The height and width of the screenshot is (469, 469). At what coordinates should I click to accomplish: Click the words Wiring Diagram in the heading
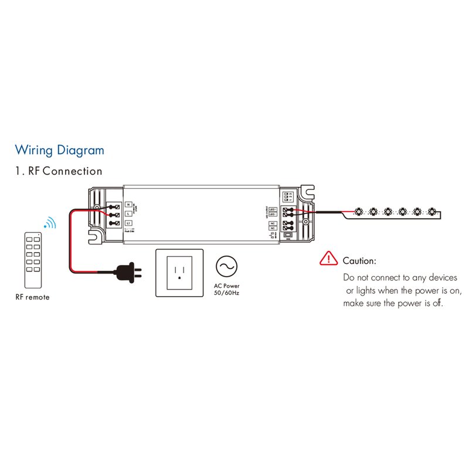59,150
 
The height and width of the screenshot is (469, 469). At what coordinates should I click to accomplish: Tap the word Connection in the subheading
73,171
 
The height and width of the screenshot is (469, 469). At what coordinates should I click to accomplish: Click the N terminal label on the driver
128,205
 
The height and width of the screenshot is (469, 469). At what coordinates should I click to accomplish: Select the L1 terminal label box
128,223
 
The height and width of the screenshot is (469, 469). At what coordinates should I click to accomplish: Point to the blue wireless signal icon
50,223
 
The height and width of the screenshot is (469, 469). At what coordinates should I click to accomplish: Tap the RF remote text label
33,297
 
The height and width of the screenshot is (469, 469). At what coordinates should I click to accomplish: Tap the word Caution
359,261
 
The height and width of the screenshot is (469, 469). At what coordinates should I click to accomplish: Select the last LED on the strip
432,210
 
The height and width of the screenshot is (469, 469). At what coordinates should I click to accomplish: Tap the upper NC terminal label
272,223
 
